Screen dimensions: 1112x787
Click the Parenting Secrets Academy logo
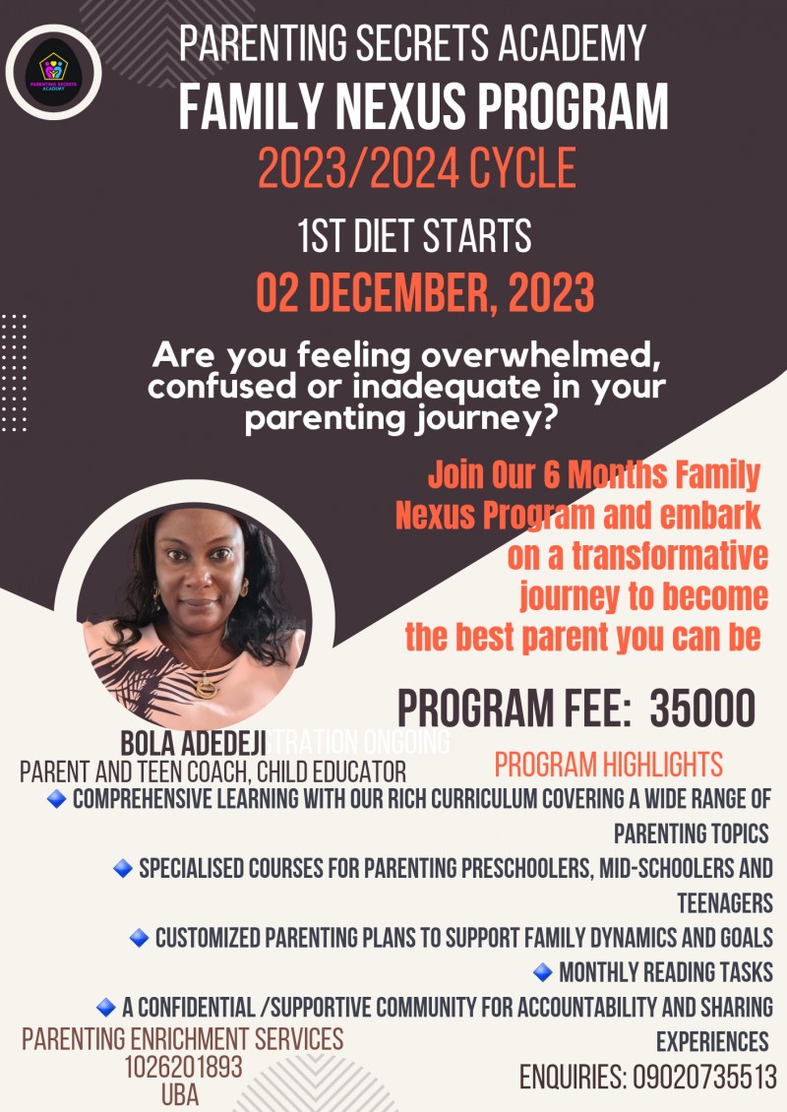[x=53, y=72]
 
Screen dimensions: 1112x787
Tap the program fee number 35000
[x=702, y=708]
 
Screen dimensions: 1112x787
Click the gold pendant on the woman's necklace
[x=207, y=686]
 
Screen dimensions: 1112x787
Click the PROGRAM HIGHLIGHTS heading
[x=608, y=764]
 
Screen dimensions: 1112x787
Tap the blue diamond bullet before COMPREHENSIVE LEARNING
[x=57, y=799]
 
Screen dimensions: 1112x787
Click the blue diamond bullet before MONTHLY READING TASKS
[x=542, y=972]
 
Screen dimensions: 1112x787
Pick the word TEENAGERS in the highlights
[x=724, y=902]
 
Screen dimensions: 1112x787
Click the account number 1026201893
[x=183, y=1068]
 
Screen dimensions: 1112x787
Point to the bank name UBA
[x=183, y=1095]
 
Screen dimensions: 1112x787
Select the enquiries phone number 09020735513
[x=702, y=1078]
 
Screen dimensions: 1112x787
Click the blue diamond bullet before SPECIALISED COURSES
[x=123, y=868]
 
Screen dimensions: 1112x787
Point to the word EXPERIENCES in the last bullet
[x=712, y=1041]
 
